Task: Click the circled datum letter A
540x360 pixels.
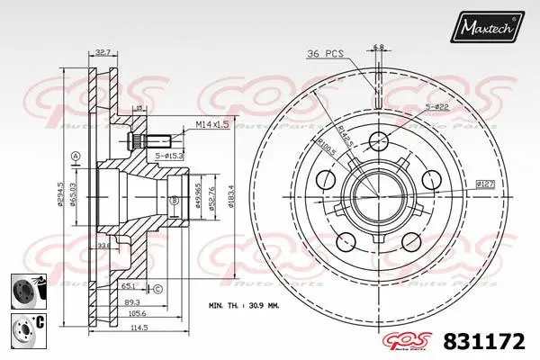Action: point(76,155)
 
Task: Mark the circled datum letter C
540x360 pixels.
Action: point(157,289)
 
